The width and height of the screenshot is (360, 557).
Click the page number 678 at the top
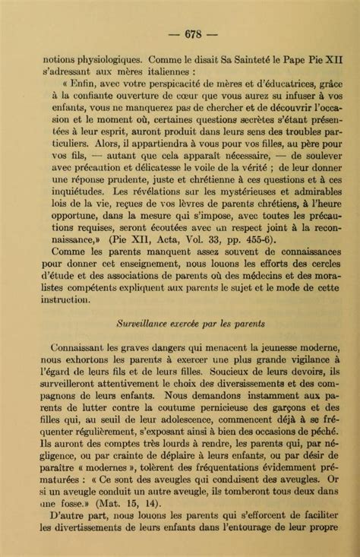(180, 33)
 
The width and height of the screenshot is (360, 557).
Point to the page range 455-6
(256, 261)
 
